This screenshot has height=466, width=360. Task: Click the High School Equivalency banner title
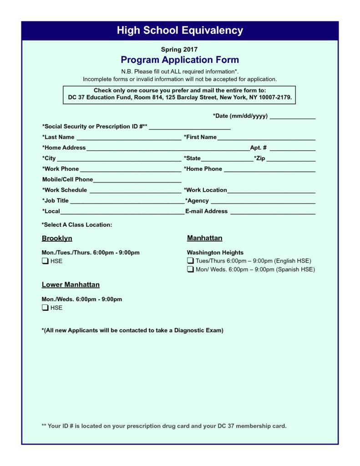pyautogui.click(x=180, y=30)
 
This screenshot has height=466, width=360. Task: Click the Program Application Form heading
pyautogui.click(x=180, y=60)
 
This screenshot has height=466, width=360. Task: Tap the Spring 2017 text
pyautogui.click(x=179, y=49)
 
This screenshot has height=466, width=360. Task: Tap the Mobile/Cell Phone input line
pyautogui.click(x=137, y=181)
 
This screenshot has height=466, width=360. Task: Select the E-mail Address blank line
pyautogui.click(x=273, y=213)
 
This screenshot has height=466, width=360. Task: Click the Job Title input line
pyautogui.click(x=126, y=202)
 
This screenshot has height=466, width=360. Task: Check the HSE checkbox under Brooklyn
pyautogui.click(x=45, y=261)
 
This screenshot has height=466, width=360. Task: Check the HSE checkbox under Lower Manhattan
pyautogui.click(x=45, y=308)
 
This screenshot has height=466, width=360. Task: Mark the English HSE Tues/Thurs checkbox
pyautogui.click(x=190, y=261)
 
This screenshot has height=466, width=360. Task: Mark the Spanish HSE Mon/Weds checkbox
pyautogui.click(x=190, y=269)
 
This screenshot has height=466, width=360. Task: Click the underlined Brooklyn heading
pyautogui.click(x=57, y=238)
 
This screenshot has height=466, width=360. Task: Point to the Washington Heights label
pyautogui.click(x=215, y=253)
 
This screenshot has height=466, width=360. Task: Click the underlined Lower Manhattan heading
pyautogui.click(x=71, y=285)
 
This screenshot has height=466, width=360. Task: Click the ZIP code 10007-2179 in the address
pyautogui.click(x=274, y=97)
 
